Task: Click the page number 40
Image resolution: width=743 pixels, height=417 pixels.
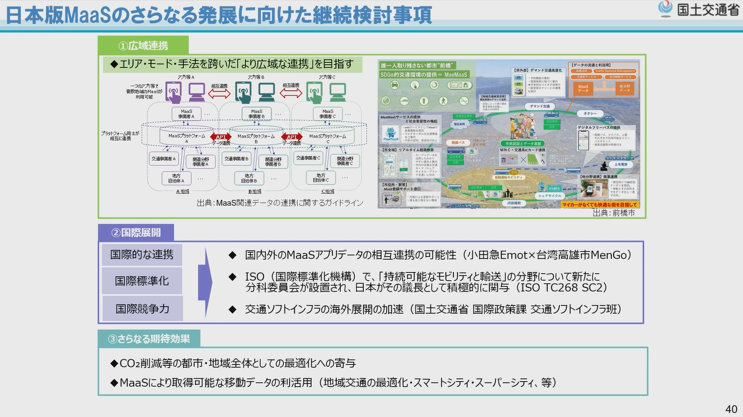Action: pyautogui.click(x=731, y=408)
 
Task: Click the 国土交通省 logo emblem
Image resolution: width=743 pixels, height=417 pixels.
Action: pyautogui.click(x=665, y=9)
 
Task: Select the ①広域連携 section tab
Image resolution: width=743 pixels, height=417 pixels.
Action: pyautogui.click(x=143, y=45)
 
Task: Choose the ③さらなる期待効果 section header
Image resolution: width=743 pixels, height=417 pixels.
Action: pyautogui.click(x=149, y=338)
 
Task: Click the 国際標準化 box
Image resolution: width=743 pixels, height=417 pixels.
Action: pyautogui.click(x=142, y=281)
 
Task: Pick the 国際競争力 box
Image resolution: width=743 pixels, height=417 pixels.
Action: pyautogui.click(x=142, y=309)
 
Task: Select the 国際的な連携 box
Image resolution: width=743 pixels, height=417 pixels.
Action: pyautogui.click(x=142, y=255)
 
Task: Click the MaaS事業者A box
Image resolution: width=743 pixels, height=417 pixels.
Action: pyautogui.click(x=186, y=114)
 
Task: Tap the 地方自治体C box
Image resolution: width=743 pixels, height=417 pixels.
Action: pyautogui.click(x=319, y=178)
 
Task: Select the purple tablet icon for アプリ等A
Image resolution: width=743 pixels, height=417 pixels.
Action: pyautogui.click(x=173, y=91)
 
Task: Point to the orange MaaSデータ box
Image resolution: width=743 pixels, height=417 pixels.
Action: pyautogui.click(x=582, y=88)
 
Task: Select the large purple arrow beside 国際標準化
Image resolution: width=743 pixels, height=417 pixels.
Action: pyautogui.click(x=205, y=281)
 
